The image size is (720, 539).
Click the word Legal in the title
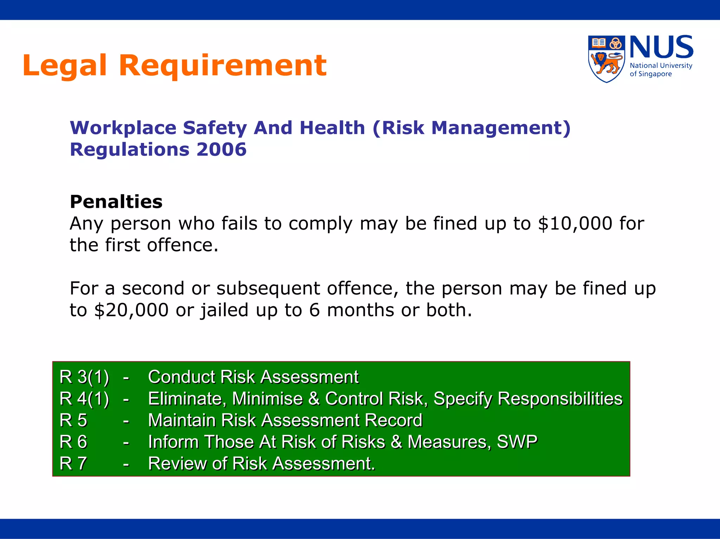pyautogui.click(x=64, y=65)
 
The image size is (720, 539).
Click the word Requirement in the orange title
pyautogui.click(x=223, y=65)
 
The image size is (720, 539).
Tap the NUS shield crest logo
pyautogui.click(x=606, y=59)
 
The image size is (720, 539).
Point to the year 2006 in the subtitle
pyautogui.click(x=221, y=149)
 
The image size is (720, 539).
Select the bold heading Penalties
pyautogui.click(x=116, y=202)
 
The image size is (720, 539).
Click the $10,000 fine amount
pyautogui.click(x=575, y=224)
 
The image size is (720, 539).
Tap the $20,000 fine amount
pyautogui.click(x=131, y=310)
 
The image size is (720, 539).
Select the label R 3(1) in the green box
pyautogui.click(x=84, y=377)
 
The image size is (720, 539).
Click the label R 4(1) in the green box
pyautogui.click(x=84, y=399)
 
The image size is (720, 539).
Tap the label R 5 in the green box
pyautogui.click(x=73, y=420)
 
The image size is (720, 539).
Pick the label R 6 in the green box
pyautogui.click(x=73, y=442)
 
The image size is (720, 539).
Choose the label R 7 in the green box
pyautogui.click(x=73, y=463)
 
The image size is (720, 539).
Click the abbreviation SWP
pyautogui.click(x=517, y=442)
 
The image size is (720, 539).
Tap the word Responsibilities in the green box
pyautogui.click(x=560, y=399)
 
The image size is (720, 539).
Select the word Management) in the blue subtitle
pyautogui.click(x=501, y=128)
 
